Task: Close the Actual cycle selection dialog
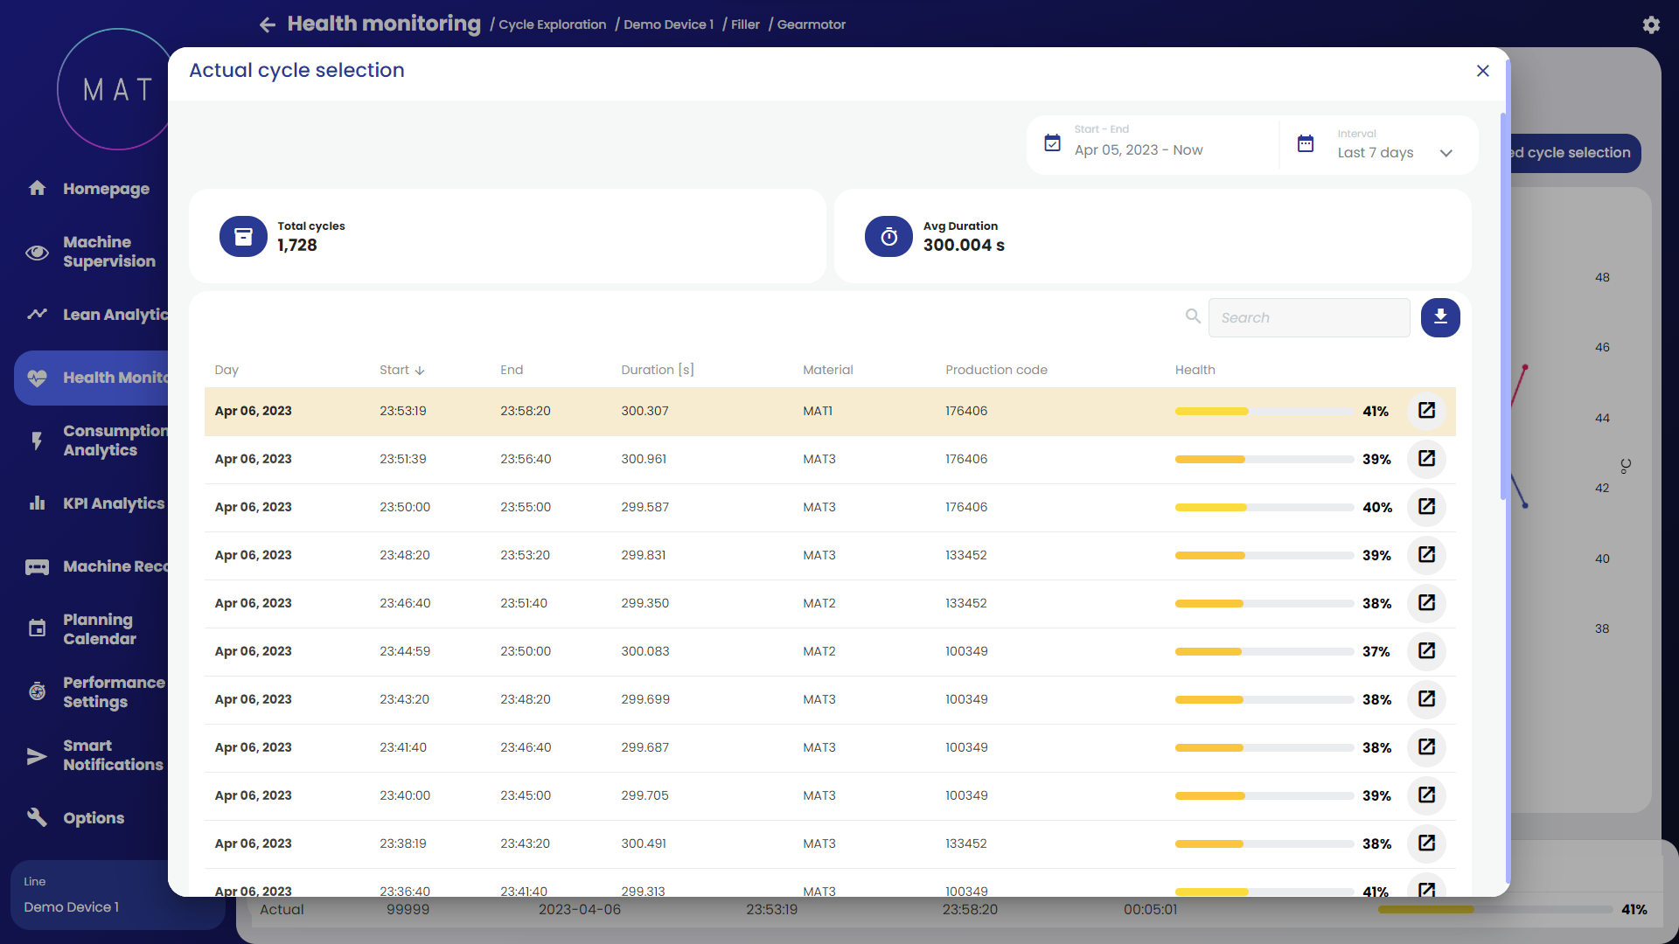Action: (1482, 71)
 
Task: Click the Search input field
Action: (1308, 317)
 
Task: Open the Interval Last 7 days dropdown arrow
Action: (1446, 153)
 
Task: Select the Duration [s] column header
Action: (657, 370)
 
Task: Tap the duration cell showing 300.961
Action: (644, 459)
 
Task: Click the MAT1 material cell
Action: (818, 411)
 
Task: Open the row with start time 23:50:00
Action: (1426, 507)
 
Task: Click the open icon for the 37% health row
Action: (1426, 651)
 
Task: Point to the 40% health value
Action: (1376, 507)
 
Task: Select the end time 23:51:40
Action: (524, 603)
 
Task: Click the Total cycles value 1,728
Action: (297, 246)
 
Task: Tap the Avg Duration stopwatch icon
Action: (888, 236)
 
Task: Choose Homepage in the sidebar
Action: (106, 189)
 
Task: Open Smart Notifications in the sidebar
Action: (113, 755)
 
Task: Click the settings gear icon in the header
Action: (1651, 24)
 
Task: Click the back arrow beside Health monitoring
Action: (268, 24)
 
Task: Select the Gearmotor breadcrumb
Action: (811, 24)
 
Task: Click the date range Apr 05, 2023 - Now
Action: (1138, 150)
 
